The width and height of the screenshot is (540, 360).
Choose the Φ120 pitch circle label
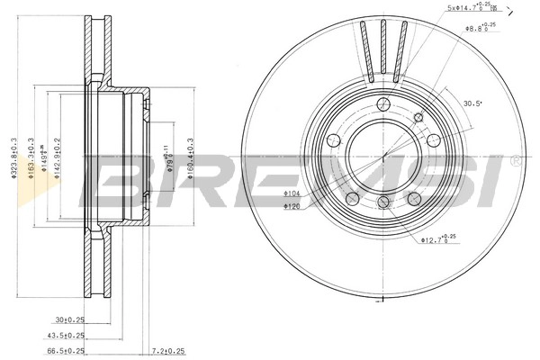tap(292, 207)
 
